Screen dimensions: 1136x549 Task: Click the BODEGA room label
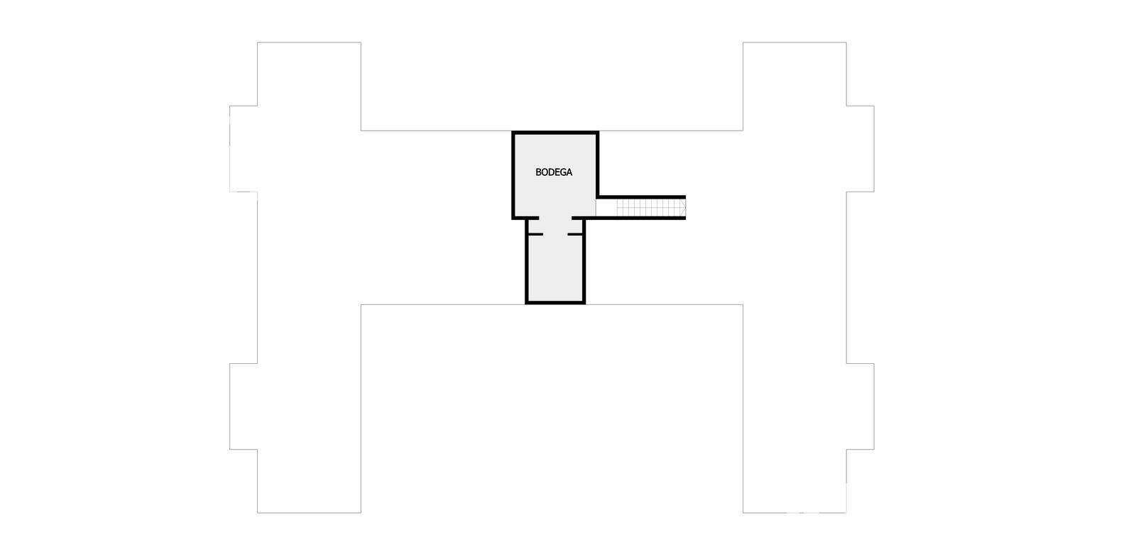(554, 172)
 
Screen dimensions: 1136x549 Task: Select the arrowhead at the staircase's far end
(683, 207)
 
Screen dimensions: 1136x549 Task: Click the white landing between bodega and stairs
(606, 207)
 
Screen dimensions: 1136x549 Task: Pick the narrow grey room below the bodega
(555, 261)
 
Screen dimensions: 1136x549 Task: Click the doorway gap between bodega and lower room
(555, 218)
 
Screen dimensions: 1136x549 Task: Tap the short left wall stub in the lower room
(535, 235)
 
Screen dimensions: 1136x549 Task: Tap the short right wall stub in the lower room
(576, 235)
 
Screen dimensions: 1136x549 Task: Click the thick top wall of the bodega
(555, 133)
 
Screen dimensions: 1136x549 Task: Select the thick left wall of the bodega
(513, 175)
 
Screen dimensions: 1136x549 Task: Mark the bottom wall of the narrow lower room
(555, 302)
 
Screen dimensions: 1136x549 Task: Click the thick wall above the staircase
(642, 197)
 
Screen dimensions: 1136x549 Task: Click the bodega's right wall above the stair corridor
(597, 165)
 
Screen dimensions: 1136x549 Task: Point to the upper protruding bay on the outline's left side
(244, 149)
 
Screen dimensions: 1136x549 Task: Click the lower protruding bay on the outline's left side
(244, 406)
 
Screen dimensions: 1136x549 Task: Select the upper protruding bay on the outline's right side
(860, 149)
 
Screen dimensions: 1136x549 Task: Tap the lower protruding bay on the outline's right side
(860, 406)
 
